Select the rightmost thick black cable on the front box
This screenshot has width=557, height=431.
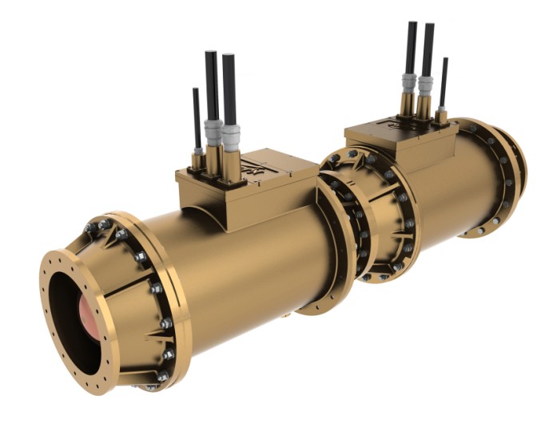(229, 88)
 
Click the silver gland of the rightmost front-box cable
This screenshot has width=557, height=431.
(231, 137)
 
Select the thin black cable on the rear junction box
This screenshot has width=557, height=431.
(444, 80)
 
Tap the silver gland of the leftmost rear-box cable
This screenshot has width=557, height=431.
(409, 83)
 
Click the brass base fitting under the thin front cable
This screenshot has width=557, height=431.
(197, 160)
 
